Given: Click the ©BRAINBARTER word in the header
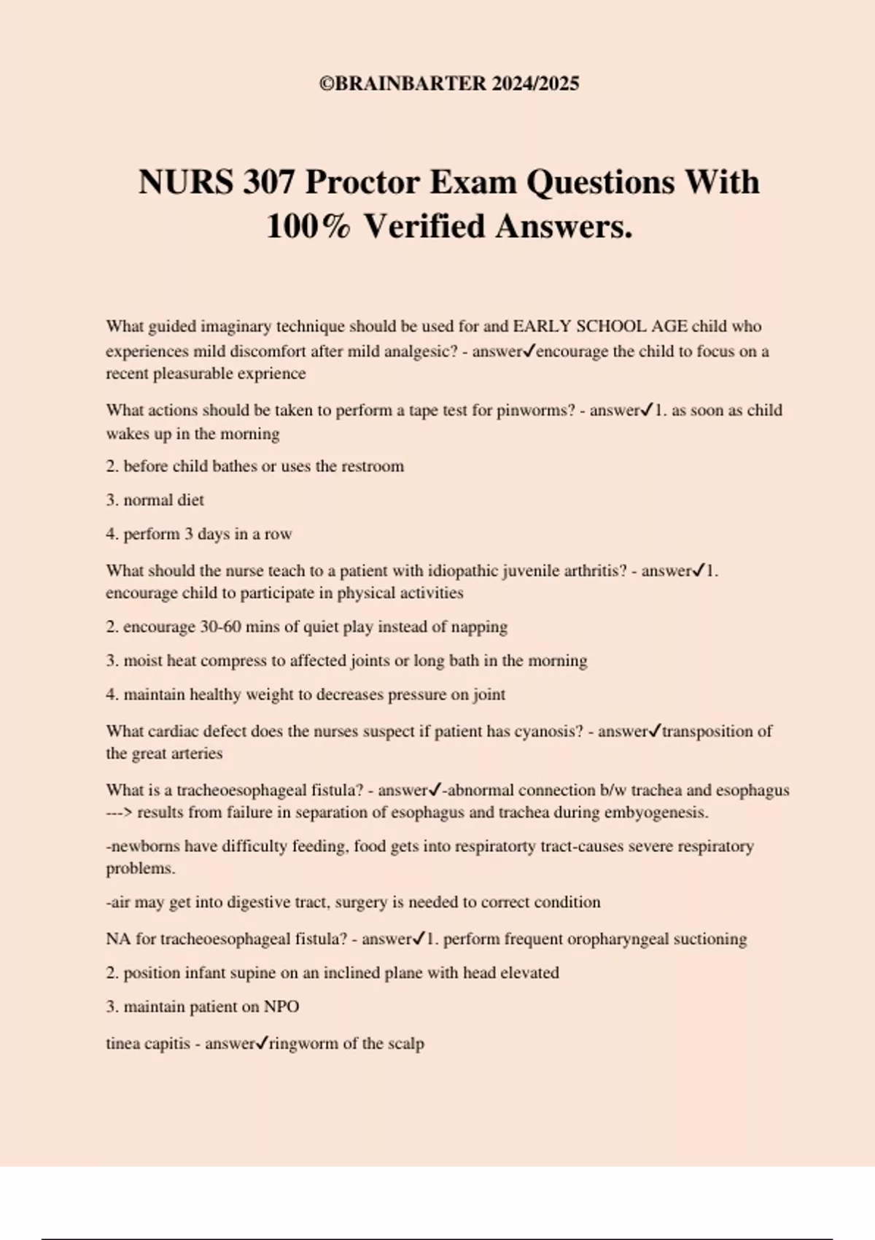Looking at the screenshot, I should (x=403, y=83).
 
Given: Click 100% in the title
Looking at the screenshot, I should (x=308, y=226).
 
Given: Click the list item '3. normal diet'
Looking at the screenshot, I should (x=155, y=500).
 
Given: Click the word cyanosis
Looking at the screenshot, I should (x=549, y=731).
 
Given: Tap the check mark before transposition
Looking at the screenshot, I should (x=655, y=730).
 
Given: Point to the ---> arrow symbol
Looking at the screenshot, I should (x=119, y=813).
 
